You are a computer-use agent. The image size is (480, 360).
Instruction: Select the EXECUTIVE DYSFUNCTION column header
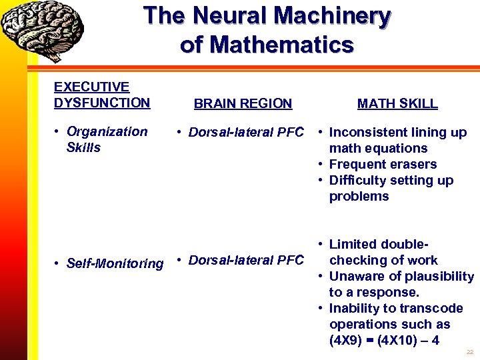point(101,95)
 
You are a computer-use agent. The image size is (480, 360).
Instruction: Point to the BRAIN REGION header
point(243,103)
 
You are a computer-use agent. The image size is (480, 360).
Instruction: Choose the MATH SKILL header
point(397,103)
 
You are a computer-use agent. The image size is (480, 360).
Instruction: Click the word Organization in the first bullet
point(107,131)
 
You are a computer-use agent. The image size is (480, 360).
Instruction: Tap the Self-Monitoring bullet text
point(115,264)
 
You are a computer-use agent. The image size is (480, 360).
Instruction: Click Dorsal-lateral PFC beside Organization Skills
point(246,132)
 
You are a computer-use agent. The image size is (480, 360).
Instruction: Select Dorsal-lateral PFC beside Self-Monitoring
point(246,260)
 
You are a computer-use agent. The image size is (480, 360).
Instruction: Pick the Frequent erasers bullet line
point(383,164)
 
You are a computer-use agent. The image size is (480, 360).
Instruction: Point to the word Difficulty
point(358,180)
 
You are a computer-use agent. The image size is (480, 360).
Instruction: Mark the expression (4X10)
point(399,340)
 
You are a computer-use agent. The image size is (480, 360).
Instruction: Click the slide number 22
point(469,352)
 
